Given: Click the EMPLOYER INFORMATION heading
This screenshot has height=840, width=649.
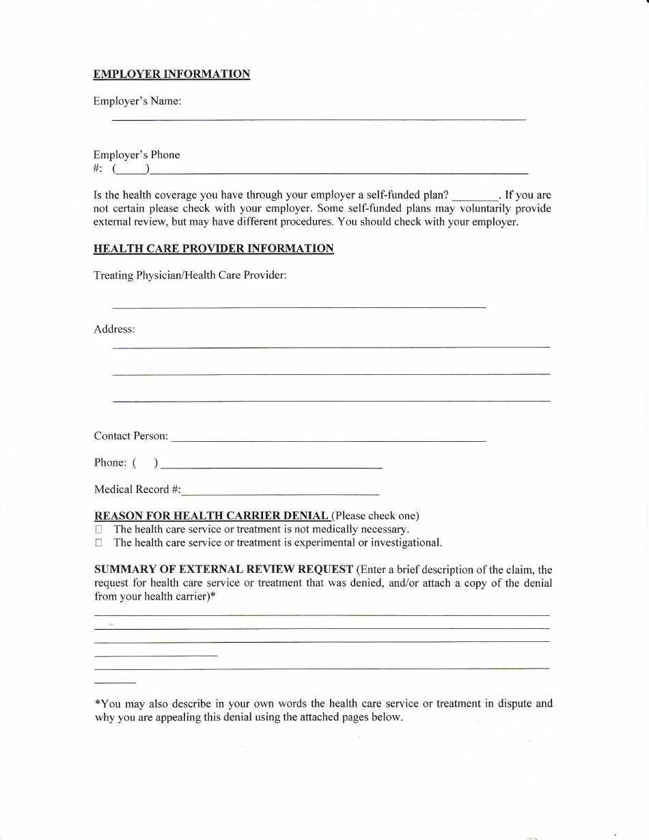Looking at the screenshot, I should pyautogui.click(x=171, y=74).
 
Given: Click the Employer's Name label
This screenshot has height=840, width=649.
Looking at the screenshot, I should pyautogui.click(x=137, y=101).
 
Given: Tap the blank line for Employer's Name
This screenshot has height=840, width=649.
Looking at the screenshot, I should pyautogui.click(x=318, y=120).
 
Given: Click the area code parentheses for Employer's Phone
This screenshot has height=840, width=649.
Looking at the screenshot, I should pyautogui.click(x=132, y=169).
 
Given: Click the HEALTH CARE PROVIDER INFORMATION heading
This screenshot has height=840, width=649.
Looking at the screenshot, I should pyautogui.click(x=213, y=249).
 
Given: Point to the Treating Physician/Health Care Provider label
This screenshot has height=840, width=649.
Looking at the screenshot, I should pyautogui.click(x=190, y=275).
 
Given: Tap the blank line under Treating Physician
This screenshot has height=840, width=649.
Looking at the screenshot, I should pyautogui.click(x=299, y=307).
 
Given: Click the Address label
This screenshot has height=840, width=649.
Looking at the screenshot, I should pyautogui.click(x=114, y=329).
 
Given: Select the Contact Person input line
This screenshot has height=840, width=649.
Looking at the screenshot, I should pyautogui.click(x=328, y=440).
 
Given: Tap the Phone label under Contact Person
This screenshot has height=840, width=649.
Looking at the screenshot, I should pyautogui.click(x=109, y=463).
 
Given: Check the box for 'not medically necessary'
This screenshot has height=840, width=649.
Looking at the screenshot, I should pyautogui.click(x=99, y=529).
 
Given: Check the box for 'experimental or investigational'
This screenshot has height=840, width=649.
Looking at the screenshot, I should pyautogui.click(x=99, y=543).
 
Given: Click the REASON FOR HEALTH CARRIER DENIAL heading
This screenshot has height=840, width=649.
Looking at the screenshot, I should pyautogui.click(x=211, y=516).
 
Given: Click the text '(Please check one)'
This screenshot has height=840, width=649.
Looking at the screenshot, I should pyautogui.click(x=376, y=516).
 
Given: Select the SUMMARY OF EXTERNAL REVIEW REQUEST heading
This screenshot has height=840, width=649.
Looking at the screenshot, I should pyautogui.click(x=223, y=570).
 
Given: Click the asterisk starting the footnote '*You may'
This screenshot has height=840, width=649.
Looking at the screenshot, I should pyautogui.click(x=97, y=703).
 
